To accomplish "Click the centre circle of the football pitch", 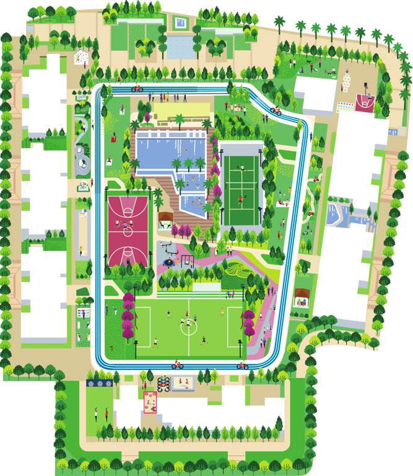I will (189, 326).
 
